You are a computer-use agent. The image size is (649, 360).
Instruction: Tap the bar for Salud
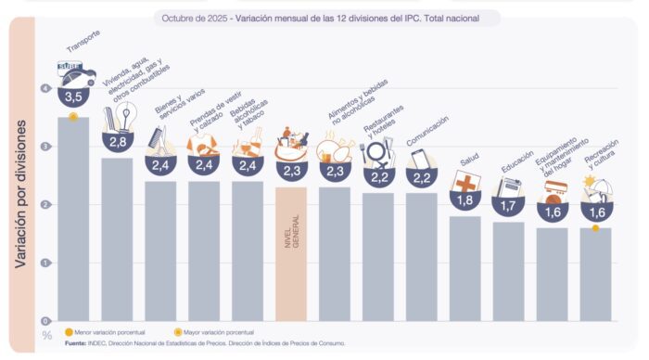(x=464, y=268)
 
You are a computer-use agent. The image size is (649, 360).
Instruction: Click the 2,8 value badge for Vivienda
(x=117, y=141)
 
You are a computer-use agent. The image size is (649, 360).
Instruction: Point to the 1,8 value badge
(x=464, y=199)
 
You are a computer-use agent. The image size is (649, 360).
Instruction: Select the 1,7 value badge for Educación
(x=508, y=205)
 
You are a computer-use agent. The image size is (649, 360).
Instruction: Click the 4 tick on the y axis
(x=45, y=88)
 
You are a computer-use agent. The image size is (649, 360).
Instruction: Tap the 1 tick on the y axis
(x=45, y=263)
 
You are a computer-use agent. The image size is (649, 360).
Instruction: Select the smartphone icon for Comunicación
(x=419, y=158)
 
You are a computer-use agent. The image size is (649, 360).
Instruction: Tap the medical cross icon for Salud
(x=464, y=180)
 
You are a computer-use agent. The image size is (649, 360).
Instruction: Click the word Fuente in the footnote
(x=76, y=343)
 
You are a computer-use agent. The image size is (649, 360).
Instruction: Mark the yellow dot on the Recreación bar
(x=595, y=227)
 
